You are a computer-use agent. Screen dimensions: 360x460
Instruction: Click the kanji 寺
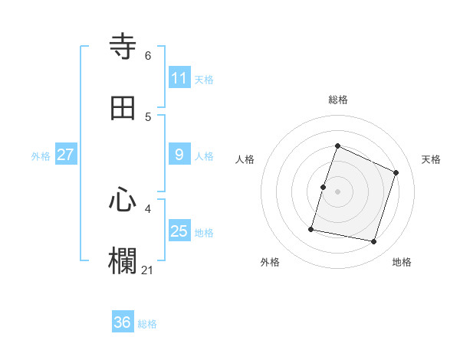[123, 47]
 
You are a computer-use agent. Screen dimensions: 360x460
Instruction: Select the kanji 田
[123, 108]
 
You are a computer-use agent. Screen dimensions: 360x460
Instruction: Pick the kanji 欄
[123, 261]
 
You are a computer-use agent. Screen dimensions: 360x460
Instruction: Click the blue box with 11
[179, 78]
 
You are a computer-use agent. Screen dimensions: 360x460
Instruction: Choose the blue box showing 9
[179, 155]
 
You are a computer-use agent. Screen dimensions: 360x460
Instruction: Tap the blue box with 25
[179, 231]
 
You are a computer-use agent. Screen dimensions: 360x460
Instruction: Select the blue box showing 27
[65, 155]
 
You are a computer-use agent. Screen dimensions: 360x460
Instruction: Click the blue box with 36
[123, 322]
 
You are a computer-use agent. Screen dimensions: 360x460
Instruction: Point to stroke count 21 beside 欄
[148, 270]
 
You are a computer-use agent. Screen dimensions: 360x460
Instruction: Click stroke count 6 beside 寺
[148, 55]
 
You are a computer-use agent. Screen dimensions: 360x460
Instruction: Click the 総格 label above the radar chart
[338, 100]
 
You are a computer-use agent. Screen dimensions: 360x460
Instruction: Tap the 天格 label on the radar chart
[431, 159]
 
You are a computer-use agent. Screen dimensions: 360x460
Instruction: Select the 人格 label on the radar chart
[245, 159]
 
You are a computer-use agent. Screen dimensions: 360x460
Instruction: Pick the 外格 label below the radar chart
[270, 262]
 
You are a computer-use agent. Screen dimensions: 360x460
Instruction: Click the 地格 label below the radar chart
[402, 262]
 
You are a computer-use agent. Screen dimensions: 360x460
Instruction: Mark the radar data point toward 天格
[396, 172]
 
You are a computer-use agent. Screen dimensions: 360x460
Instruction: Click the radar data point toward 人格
[323, 187]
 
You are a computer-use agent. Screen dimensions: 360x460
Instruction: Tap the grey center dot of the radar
[338, 191]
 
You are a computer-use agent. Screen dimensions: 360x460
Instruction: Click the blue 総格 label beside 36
[147, 324]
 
